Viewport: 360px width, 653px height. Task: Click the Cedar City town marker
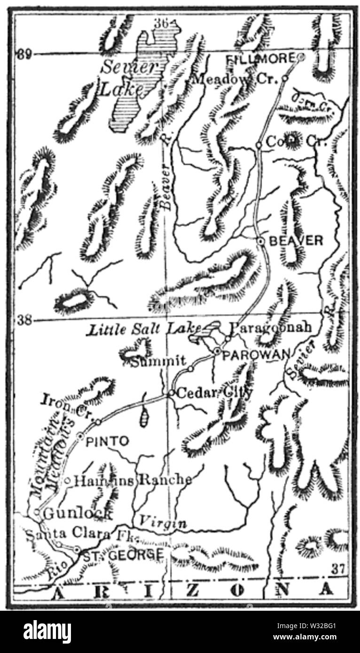click(172, 393)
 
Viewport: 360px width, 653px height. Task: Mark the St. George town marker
click(77, 549)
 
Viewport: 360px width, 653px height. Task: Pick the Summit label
click(159, 361)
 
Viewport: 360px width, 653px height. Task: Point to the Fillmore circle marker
click(301, 57)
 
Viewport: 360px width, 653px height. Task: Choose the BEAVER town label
click(296, 241)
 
